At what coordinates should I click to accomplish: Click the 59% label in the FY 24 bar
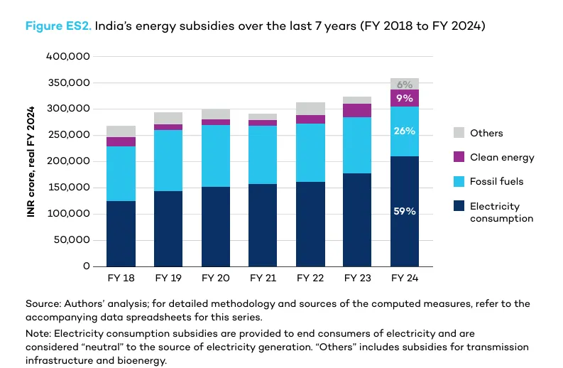coord(404,212)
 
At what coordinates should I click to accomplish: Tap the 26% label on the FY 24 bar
coord(404,131)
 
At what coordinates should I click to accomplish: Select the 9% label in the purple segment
coord(404,99)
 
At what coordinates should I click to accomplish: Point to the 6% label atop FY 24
coord(404,85)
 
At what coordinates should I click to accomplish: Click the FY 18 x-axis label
coord(121,278)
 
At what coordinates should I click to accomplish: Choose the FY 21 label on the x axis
coord(263,278)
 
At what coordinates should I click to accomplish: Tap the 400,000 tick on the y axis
coord(68,56)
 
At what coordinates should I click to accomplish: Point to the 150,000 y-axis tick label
coord(68,188)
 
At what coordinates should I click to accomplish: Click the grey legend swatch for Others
coord(458,133)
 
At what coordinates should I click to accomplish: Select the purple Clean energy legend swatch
coord(458,157)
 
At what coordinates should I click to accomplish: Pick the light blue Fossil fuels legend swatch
coord(458,181)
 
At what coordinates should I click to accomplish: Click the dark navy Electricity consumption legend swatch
coord(458,206)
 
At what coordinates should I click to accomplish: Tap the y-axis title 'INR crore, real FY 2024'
coord(31,162)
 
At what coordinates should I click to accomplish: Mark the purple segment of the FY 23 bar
coord(357,110)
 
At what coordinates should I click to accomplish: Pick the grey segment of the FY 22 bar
coord(310,109)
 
